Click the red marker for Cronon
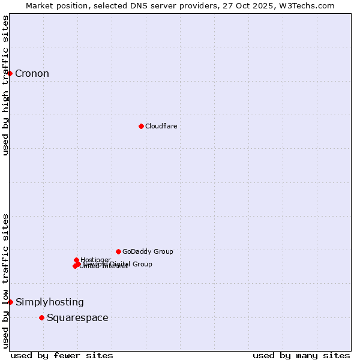[10, 73]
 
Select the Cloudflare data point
[141, 126]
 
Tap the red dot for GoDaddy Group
[118, 251]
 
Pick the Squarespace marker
[41, 317]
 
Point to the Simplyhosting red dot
[11, 302]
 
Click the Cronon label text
[32, 74]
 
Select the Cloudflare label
[161, 126]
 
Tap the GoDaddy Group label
[148, 251]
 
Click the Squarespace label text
[77, 318]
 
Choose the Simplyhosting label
[50, 302]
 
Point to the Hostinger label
[95, 260]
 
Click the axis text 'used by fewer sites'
[62, 355]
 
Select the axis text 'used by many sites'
[301, 355]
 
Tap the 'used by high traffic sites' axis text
[6, 85]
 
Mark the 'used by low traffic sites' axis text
[6, 280]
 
